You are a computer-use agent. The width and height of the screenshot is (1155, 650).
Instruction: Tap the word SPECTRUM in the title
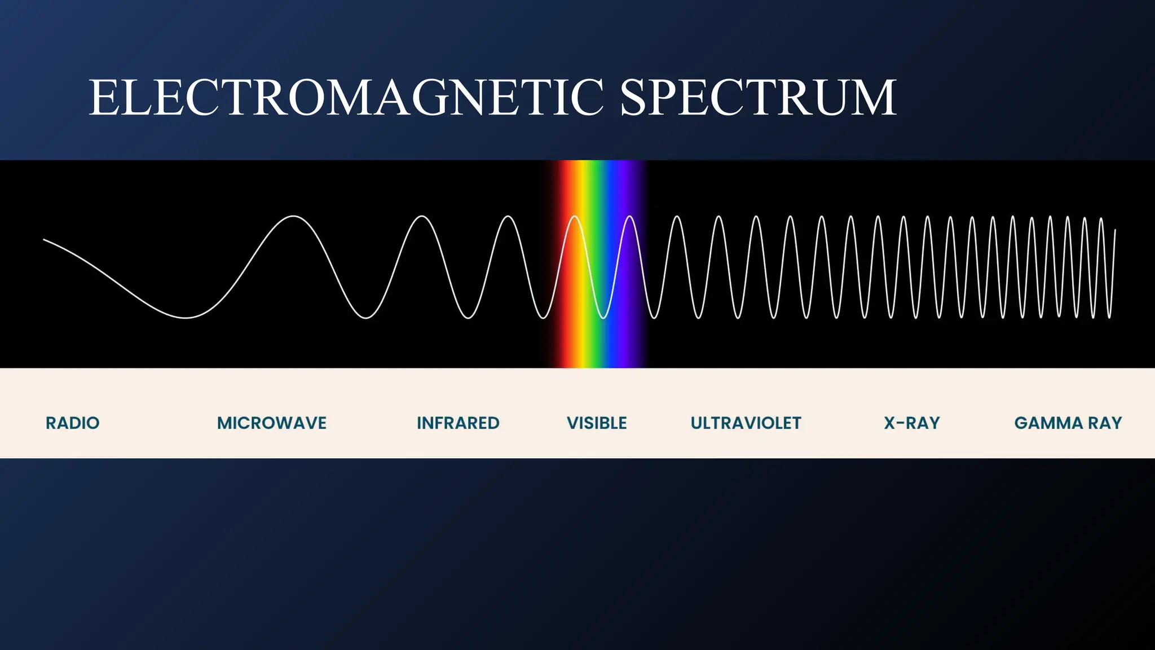758,98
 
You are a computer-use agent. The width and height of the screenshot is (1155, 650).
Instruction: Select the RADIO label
73,423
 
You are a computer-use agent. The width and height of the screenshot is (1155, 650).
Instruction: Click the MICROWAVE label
272,423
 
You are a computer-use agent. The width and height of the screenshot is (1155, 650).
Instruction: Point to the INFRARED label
458,423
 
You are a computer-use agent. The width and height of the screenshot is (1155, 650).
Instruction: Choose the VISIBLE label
597,423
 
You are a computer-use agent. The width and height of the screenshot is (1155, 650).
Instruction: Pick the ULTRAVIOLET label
746,423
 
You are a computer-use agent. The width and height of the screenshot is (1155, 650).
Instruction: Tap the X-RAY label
912,423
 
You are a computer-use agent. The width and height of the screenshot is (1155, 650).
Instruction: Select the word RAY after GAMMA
1105,423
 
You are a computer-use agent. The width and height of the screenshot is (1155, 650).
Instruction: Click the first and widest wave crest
294,216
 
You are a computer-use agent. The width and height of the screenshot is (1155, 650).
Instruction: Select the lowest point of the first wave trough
186,318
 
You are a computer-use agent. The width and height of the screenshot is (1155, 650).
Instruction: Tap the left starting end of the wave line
44,240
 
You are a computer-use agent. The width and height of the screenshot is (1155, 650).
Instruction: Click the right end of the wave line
1115,230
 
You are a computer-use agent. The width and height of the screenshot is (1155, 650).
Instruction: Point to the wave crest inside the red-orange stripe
574,217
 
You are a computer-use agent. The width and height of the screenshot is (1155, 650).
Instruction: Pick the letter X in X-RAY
890,423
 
